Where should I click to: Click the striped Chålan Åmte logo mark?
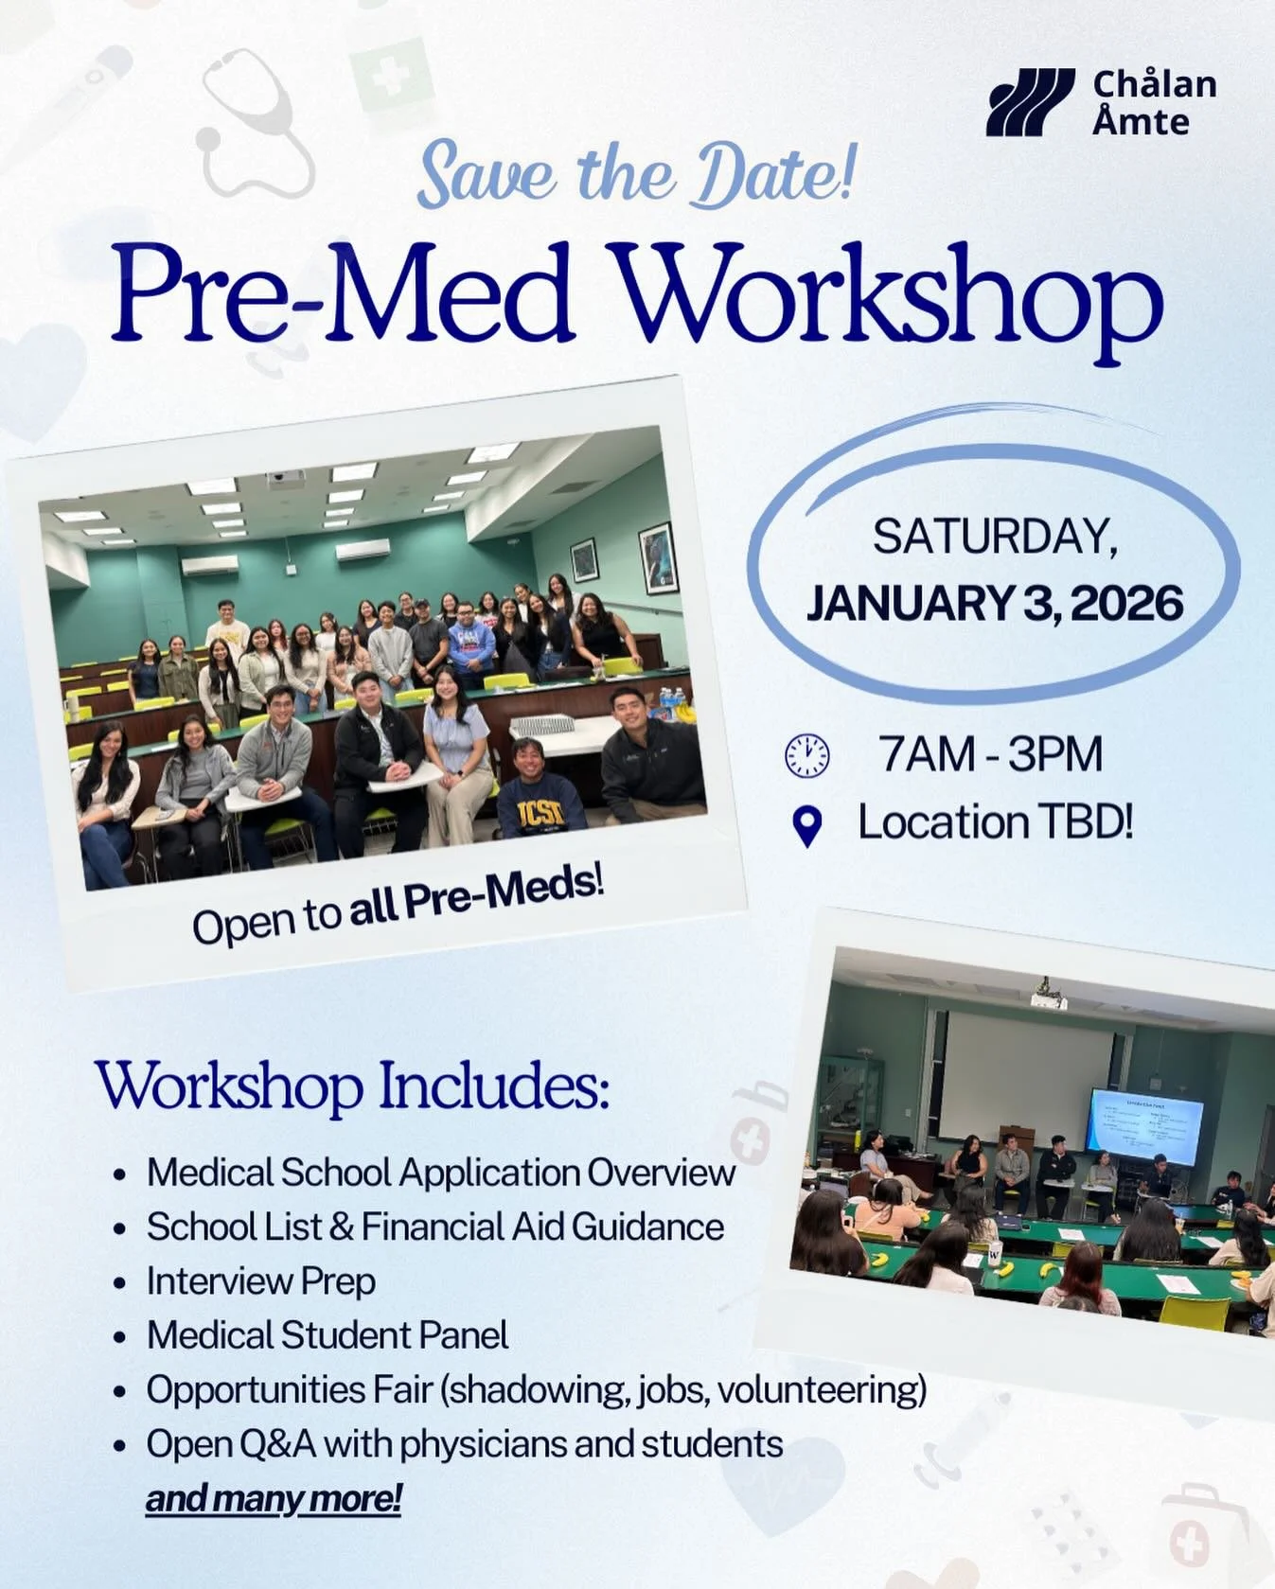tap(1030, 101)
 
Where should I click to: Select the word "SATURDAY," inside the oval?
tap(994, 538)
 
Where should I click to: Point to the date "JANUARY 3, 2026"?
tap(994, 603)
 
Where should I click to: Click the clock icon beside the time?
tap(806, 756)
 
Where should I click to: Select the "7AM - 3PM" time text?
tap(990, 754)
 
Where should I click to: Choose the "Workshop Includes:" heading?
tap(352, 1086)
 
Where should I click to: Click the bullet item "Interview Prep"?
tap(260, 1281)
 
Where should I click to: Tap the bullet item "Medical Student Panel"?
tap(327, 1335)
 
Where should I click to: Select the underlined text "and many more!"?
tap(274, 1499)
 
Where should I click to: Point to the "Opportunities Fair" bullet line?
tap(536, 1390)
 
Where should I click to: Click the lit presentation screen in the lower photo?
tap(1145, 1126)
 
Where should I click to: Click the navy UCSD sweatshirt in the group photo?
tap(541, 813)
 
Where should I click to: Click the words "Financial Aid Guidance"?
tap(541, 1227)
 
